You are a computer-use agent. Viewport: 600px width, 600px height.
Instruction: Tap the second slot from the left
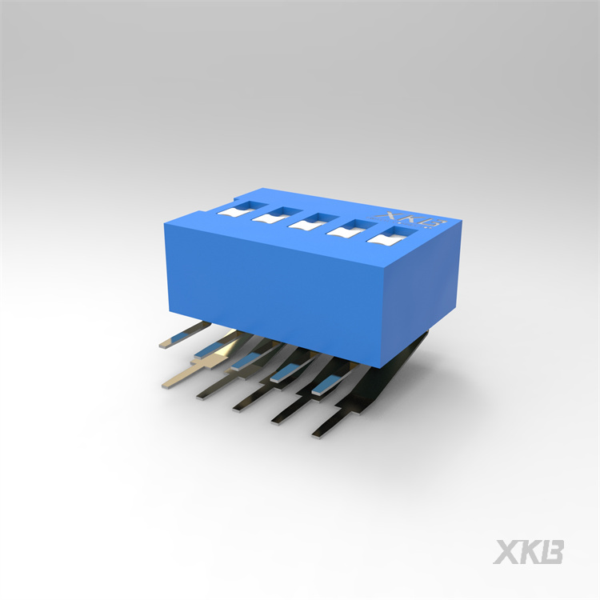pos(275,216)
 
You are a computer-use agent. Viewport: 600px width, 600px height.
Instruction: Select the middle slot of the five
pos(311,222)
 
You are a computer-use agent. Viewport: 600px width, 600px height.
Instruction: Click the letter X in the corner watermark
pos(506,552)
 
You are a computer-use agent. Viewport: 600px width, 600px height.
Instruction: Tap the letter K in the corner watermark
pos(530,552)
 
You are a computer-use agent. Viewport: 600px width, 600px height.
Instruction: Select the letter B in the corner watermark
pos(551,552)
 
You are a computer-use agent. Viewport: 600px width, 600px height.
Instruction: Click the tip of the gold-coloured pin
pos(166,384)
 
